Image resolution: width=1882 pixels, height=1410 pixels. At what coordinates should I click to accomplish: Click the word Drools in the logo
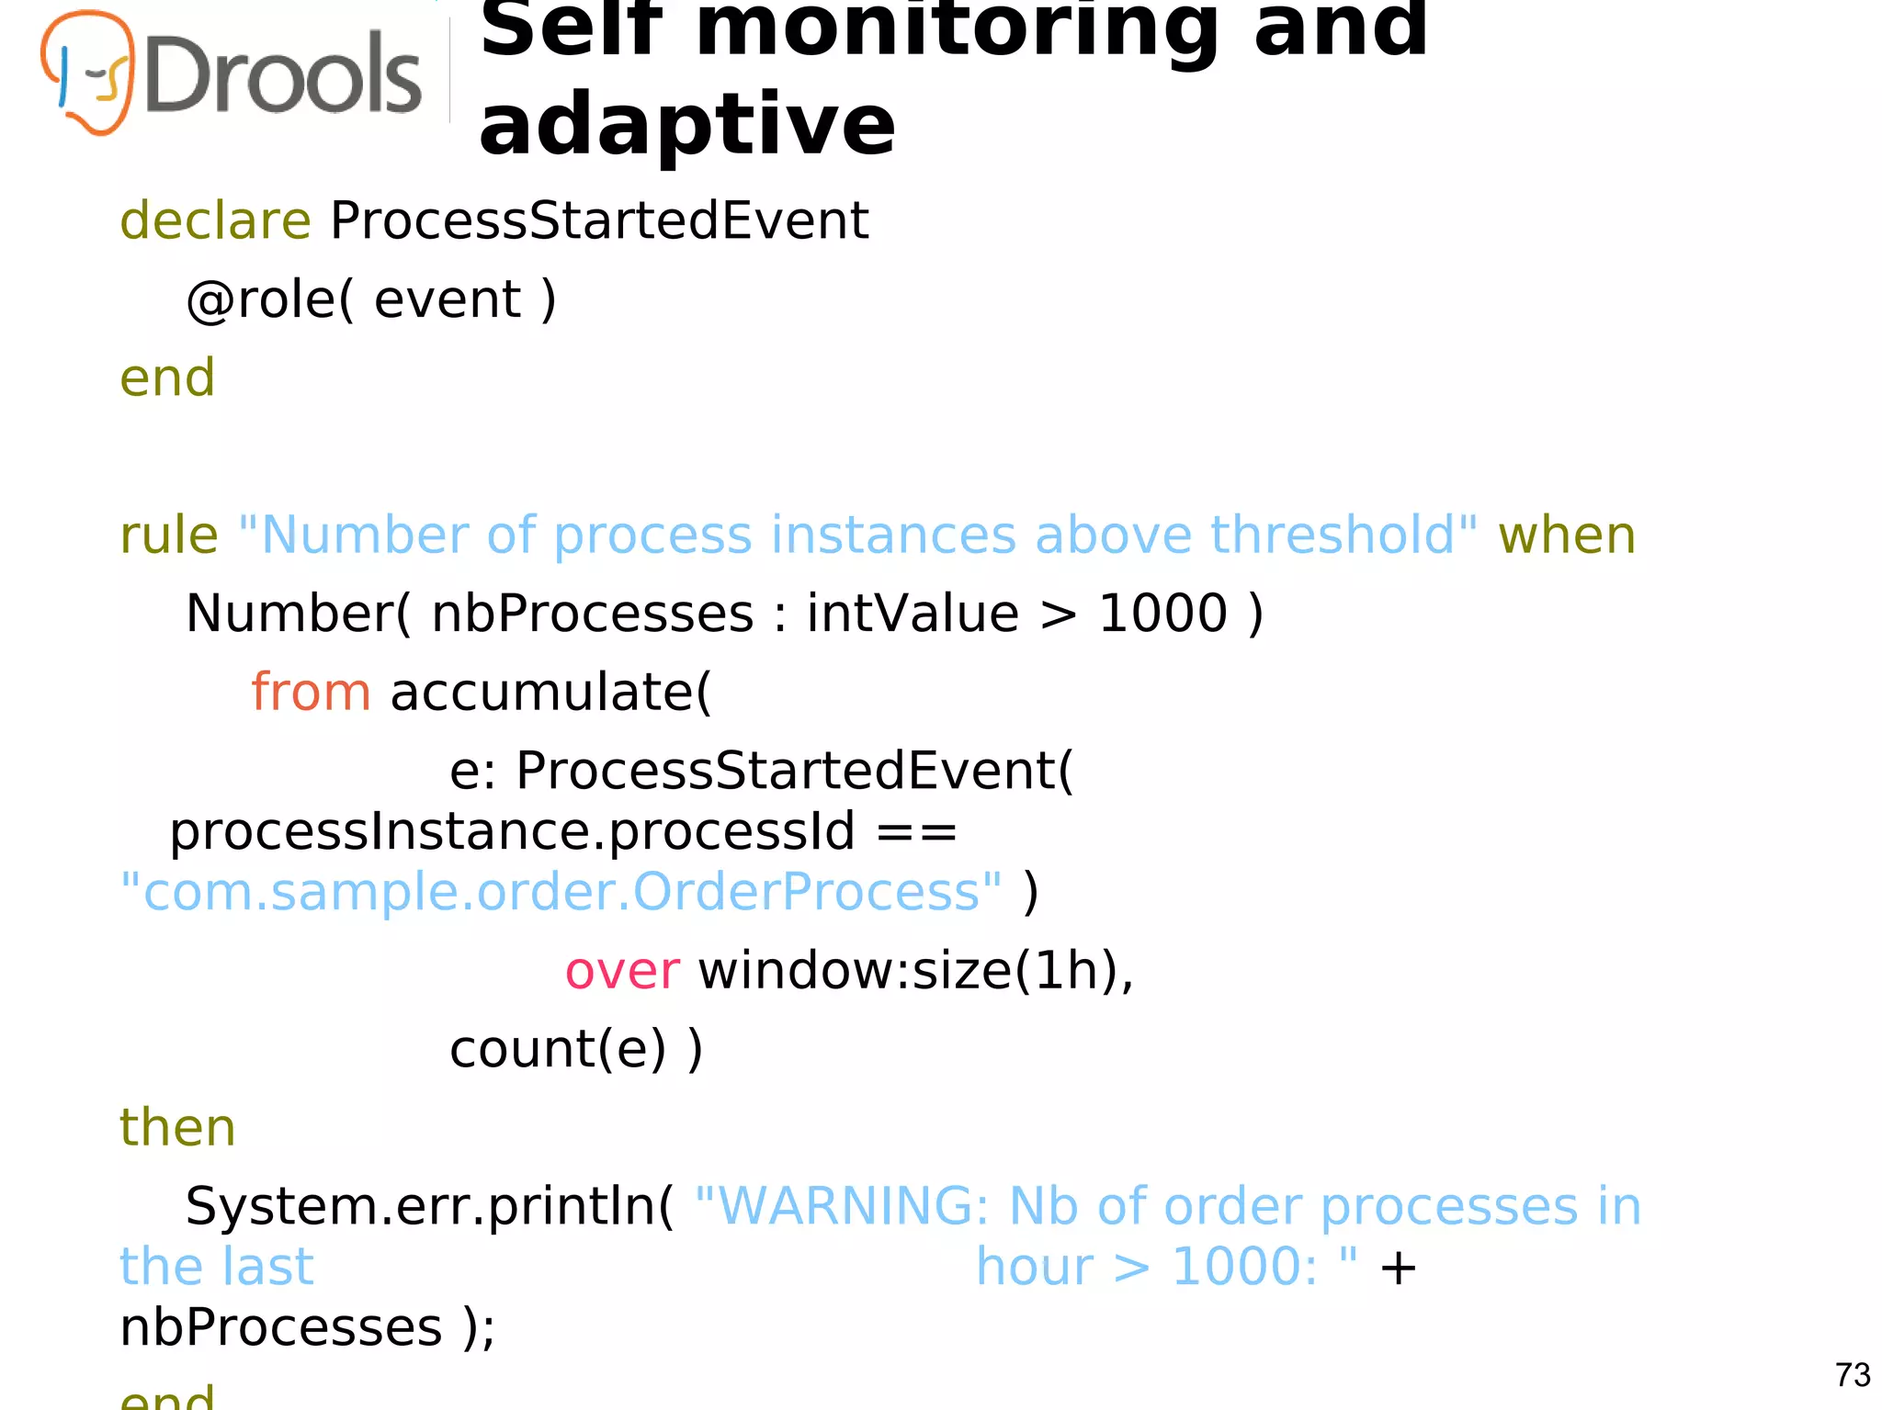pos(283,75)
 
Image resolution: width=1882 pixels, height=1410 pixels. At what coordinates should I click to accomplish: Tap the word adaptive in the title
pos(686,125)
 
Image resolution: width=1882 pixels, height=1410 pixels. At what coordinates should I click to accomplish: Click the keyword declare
pos(215,220)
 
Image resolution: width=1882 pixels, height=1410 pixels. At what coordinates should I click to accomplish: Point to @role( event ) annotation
pos(371,299)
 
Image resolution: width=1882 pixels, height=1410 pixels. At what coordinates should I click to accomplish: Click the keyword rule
pos(169,535)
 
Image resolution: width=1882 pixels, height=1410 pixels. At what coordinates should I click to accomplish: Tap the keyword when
pos(1567,535)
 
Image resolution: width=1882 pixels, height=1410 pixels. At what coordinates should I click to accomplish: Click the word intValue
pos(913,614)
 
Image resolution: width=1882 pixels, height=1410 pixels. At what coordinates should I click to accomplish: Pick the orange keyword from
pos(311,692)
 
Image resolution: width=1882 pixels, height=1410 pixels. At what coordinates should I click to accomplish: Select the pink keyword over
pos(622,971)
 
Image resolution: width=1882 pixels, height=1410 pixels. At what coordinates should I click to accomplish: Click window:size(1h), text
pos(916,971)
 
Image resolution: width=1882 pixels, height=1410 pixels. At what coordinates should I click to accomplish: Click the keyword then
pos(177,1127)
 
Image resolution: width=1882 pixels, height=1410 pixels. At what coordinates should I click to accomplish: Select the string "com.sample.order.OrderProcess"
pos(561,892)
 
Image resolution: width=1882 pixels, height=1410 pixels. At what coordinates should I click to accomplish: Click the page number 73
pos(1852,1375)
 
